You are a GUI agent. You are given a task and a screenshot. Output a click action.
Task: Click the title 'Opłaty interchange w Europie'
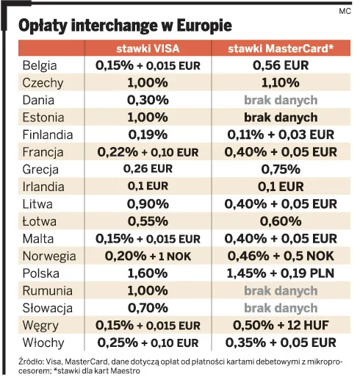[x=125, y=26]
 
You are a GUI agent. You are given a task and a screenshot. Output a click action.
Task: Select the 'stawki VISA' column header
[x=147, y=49]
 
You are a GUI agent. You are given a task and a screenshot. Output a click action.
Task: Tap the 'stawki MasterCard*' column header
[x=281, y=49]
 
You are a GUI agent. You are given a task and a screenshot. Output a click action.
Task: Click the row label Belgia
[x=40, y=65]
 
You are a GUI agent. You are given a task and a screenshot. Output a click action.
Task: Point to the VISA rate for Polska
[x=147, y=273]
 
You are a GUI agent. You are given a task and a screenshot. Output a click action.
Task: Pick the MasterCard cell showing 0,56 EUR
[x=281, y=65]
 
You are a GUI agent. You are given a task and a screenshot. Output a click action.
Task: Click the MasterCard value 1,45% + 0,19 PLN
[x=281, y=273]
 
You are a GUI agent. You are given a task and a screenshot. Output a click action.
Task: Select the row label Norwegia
[x=49, y=256]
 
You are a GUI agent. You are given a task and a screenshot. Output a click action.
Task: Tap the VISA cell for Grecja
[x=147, y=170]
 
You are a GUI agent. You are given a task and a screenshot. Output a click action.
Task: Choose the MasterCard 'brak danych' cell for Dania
[x=281, y=100]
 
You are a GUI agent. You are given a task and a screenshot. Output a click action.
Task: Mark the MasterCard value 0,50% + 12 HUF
[x=281, y=325]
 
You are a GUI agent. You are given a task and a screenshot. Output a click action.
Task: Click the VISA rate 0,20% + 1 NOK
[x=147, y=256]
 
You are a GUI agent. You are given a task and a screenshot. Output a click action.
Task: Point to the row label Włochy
[x=43, y=343]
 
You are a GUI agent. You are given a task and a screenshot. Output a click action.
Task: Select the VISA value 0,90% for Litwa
[x=147, y=204]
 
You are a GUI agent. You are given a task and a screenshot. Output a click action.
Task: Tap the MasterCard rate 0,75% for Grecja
[x=281, y=170]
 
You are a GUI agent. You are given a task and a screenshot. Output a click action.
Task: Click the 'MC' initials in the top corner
[x=345, y=11]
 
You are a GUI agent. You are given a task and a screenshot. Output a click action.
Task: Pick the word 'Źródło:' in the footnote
[x=31, y=362]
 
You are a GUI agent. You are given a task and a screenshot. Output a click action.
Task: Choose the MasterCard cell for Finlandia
[x=281, y=135]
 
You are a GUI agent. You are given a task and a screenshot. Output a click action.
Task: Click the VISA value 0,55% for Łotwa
[x=147, y=221]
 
